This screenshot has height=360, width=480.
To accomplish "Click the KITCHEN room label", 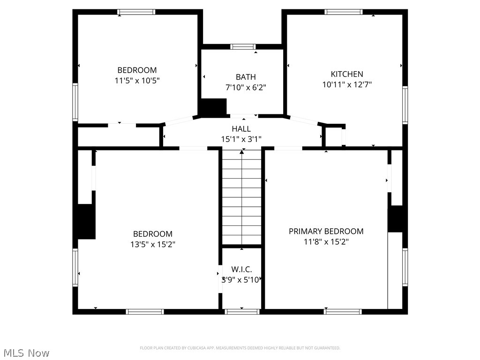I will pos(347,74).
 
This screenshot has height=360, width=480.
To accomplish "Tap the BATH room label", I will pos(246,77).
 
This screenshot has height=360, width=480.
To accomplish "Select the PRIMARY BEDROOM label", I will pos(326,231).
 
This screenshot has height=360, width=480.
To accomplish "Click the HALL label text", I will pos(241,129).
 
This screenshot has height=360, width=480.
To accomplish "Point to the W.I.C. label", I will pos(241,270).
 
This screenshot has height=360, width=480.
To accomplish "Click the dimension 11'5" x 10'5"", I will pos(137,81).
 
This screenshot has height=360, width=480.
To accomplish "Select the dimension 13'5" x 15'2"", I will pos(152,244).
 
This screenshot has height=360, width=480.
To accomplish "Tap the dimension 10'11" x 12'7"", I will pos(347,85).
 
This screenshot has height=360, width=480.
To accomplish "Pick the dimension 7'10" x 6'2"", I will pos(246,87).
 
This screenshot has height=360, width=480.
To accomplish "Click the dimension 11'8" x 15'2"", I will pos(326,242).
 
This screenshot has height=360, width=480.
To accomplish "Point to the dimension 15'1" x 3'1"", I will pos(241,139).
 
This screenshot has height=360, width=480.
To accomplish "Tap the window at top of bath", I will pos(243,46).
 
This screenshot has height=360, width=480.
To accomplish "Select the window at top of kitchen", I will pos(344,12).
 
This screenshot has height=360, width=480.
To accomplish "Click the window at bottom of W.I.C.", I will pos(242,311).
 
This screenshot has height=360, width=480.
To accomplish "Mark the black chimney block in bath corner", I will pos(213,107).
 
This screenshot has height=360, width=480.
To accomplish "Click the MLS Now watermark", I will pos(26,353).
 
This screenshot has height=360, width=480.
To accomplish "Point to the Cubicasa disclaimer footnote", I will pos(240,348).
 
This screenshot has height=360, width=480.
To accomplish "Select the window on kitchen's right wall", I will pos(405,105).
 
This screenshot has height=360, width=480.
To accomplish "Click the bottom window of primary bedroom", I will pos(343,311).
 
